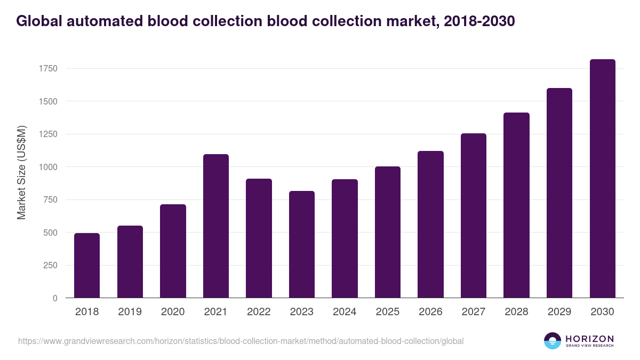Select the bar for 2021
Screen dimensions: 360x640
[x=215, y=226]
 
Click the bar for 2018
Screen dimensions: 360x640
[x=87, y=266]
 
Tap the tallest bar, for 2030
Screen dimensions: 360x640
[x=602, y=179]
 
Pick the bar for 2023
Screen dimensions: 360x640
[x=301, y=244]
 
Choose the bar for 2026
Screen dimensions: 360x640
[x=430, y=225]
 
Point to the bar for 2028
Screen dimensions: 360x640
[x=516, y=205]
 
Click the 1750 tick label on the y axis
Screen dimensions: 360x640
[x=47, y=68]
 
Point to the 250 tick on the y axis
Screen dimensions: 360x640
[x=50, y=266]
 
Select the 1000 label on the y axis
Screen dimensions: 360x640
[x=47, y=167]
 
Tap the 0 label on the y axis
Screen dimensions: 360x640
[x=55, y=298]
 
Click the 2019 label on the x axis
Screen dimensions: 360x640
[x=130, y=312]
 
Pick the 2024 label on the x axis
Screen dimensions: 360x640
[x=344, y=312]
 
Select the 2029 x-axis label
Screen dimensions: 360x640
[x=559, y=312]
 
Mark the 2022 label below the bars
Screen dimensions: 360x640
[x=259, y=312]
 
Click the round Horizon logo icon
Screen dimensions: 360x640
[x=553, y=341]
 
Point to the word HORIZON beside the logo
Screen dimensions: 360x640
[x=589, y=338]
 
